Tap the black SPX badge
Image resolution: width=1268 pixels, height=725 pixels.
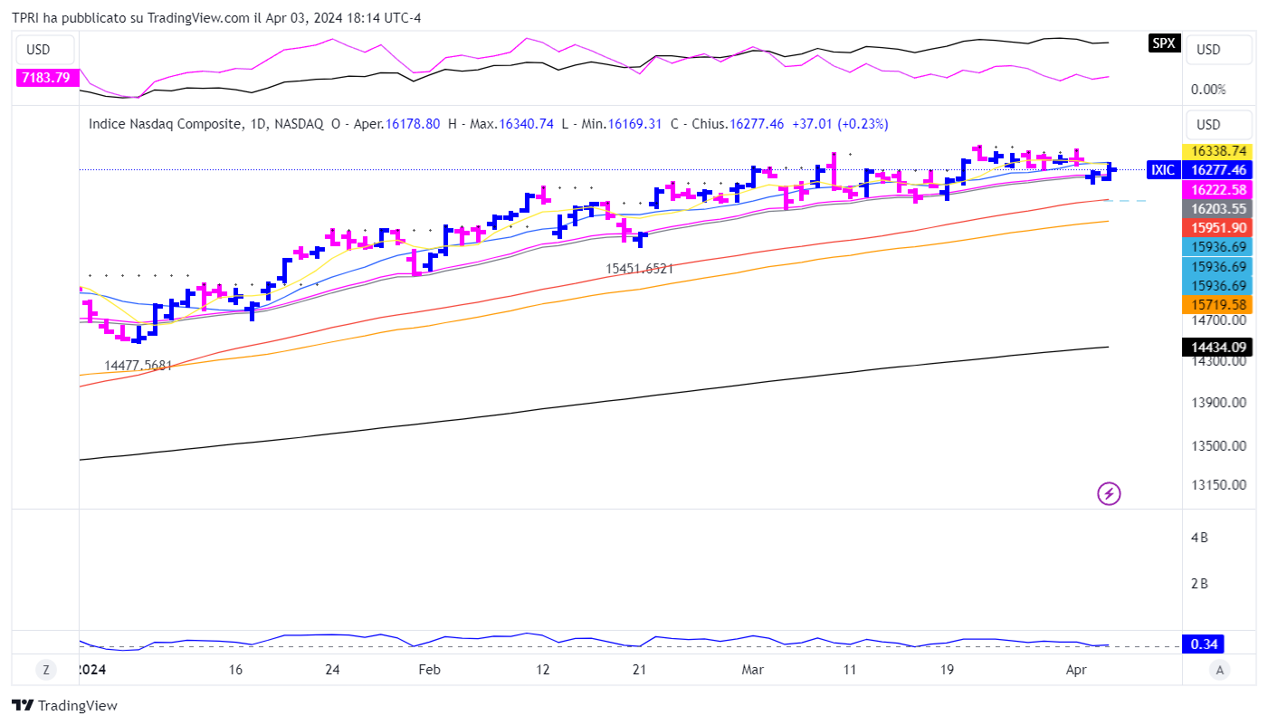coord(1163,43)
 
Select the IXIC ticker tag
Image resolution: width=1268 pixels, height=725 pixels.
coord(1162,169)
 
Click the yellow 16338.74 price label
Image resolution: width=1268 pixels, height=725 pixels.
coord(1218,151)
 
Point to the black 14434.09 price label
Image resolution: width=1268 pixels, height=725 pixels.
coord(1218,347)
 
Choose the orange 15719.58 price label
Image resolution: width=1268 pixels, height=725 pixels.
coord(1218,305)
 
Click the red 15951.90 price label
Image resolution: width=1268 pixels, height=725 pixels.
coord(1218,227)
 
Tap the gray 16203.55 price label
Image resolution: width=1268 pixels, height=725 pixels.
coord(1218,208)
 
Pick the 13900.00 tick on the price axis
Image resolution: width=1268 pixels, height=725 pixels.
coord(1218,403)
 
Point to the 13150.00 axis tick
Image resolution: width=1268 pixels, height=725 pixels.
coord(1218,484)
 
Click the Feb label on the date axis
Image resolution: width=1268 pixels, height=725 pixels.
coord(430,670)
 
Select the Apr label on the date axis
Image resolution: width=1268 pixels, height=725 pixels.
coord(1076,670)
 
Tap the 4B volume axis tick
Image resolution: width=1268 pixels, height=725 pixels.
coord(1199,538)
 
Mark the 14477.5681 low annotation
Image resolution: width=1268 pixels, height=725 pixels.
coord(138,366)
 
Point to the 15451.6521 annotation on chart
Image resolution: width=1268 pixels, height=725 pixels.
coord(640,269)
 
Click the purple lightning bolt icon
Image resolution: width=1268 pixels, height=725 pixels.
coord(1109,493)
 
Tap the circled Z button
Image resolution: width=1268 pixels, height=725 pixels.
coord(45,670)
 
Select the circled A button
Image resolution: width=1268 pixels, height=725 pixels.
coord(1220,670)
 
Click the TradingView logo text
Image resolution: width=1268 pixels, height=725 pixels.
coord(65,706)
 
